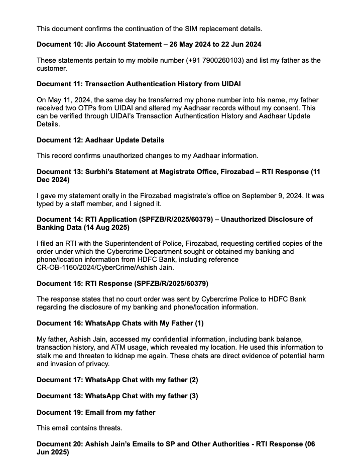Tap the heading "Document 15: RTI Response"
point(123,283)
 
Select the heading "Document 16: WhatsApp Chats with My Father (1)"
point(120,323)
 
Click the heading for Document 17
point(117,380)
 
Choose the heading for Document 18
point(117,396)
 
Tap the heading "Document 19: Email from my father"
point(96,412)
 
